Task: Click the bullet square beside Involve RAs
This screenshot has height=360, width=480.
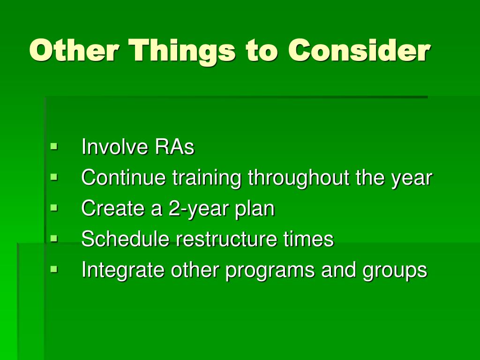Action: pos(54,146)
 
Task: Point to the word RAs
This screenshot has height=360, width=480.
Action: pos(174,147)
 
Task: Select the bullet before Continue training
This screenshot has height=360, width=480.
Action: pos(54,177)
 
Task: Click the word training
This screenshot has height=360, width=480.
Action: pos(207,178)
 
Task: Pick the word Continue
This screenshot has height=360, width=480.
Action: pos(123,177)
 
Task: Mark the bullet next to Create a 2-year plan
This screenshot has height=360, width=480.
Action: pos(54,208)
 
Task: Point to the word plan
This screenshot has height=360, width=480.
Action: pos(255,209)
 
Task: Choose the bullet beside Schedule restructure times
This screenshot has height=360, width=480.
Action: pos(54,238)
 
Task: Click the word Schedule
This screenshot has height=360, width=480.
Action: pos(125,239)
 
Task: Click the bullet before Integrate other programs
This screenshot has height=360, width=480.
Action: pos(54,269)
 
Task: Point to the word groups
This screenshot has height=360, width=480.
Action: pos(395,271)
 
